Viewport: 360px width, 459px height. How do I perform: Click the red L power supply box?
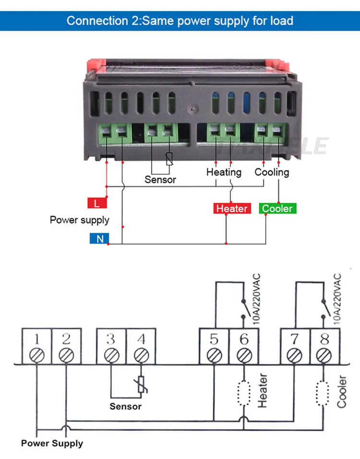click(97, 203)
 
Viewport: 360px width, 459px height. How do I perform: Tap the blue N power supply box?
click(99, 238)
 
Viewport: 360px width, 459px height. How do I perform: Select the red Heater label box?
click(232, 209)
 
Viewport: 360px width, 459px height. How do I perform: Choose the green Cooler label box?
click(277, 209)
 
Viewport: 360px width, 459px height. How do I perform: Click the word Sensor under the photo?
click(160, 180)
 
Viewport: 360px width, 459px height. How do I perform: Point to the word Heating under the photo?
click(224, 172)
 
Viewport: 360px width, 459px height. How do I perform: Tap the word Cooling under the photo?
click(272, 172)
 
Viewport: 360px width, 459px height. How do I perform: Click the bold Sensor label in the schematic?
click(126, 406)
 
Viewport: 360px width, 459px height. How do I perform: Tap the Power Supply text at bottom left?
click(52, 443)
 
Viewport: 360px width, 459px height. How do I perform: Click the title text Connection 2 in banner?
click(180, 21)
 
